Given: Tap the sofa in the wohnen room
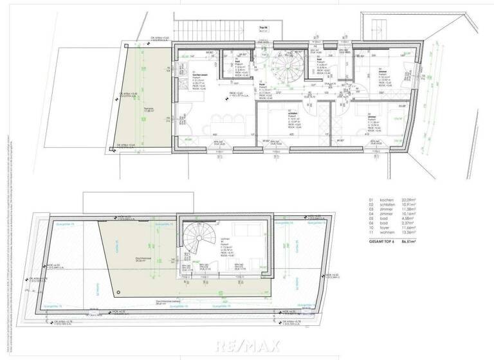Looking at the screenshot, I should click(x=246, y=230).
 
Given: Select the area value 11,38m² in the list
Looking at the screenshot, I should click(x=409, y=212).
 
